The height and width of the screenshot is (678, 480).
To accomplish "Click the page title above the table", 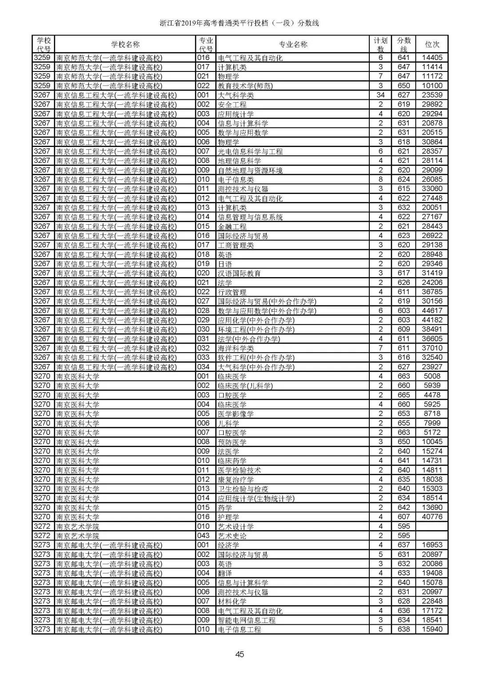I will coord(240,23).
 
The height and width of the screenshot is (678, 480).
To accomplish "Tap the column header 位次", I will coord(432,44).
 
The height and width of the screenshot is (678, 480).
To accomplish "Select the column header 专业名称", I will coord(292,44).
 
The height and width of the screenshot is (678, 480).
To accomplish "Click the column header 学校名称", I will coord(125,44).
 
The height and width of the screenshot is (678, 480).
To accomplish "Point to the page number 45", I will coord(240,654).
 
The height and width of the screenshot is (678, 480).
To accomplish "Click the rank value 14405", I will coord(432,58).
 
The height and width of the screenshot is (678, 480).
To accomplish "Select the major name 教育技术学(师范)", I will coord(245,86).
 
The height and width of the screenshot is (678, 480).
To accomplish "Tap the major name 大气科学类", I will coord(236,95).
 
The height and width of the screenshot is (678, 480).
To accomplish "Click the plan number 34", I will coord(380,95).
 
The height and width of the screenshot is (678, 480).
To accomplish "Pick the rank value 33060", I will coord(432,189).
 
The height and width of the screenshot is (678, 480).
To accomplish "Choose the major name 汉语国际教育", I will coord(239,273).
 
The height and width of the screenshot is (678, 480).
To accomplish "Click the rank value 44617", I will coord(432,311).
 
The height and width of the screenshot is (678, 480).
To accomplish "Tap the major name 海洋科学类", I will coord(236,348).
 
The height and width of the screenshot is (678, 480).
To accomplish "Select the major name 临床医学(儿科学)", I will coord(245,386).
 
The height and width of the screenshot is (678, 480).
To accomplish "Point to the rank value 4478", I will coord(432,395).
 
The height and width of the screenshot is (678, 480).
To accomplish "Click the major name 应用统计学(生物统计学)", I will coord(256,498).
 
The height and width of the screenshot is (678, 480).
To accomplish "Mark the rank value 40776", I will coord(432,517).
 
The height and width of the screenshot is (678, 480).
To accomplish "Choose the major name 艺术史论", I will coord(232,536).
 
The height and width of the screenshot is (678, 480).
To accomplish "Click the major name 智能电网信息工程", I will coord(246,620).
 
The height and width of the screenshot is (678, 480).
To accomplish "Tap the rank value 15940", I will coord(432,630).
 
